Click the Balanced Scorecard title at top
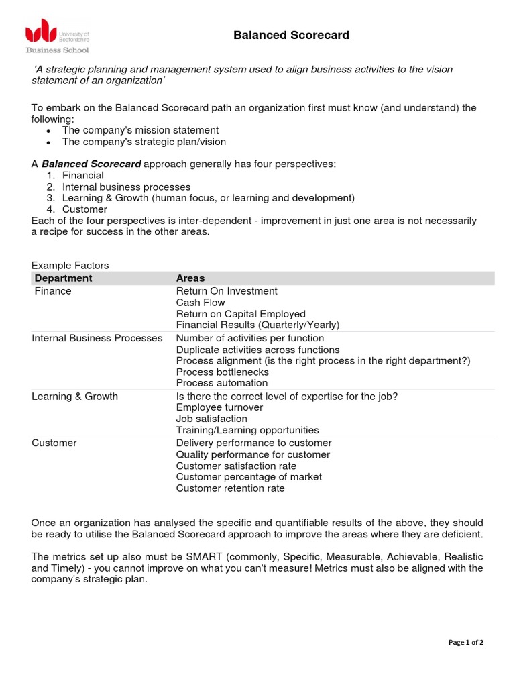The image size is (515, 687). tap(291, 35)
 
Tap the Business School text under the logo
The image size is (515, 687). tap(57, 50)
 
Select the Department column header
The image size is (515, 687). tap(63, 278)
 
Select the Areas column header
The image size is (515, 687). tap(190, 278)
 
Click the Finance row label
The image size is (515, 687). tap(53, 291)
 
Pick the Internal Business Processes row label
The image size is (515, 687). tap(97, 338)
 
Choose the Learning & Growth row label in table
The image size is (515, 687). tap(74, 396)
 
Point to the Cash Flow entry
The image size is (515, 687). tap(201, 303)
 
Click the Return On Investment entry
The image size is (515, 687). tap(226, 291)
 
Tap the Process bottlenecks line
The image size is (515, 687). tap(222, 372)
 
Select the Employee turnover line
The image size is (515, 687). tap(219, 407)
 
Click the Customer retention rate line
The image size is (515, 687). tap(230, 488)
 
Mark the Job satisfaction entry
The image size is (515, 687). tap(211, 419)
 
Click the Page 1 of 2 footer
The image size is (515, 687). tap(465, 642)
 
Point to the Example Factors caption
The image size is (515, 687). tap(70, 265)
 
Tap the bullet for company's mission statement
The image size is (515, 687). tap(49, 130)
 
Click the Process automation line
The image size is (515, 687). tap(221, 383)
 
